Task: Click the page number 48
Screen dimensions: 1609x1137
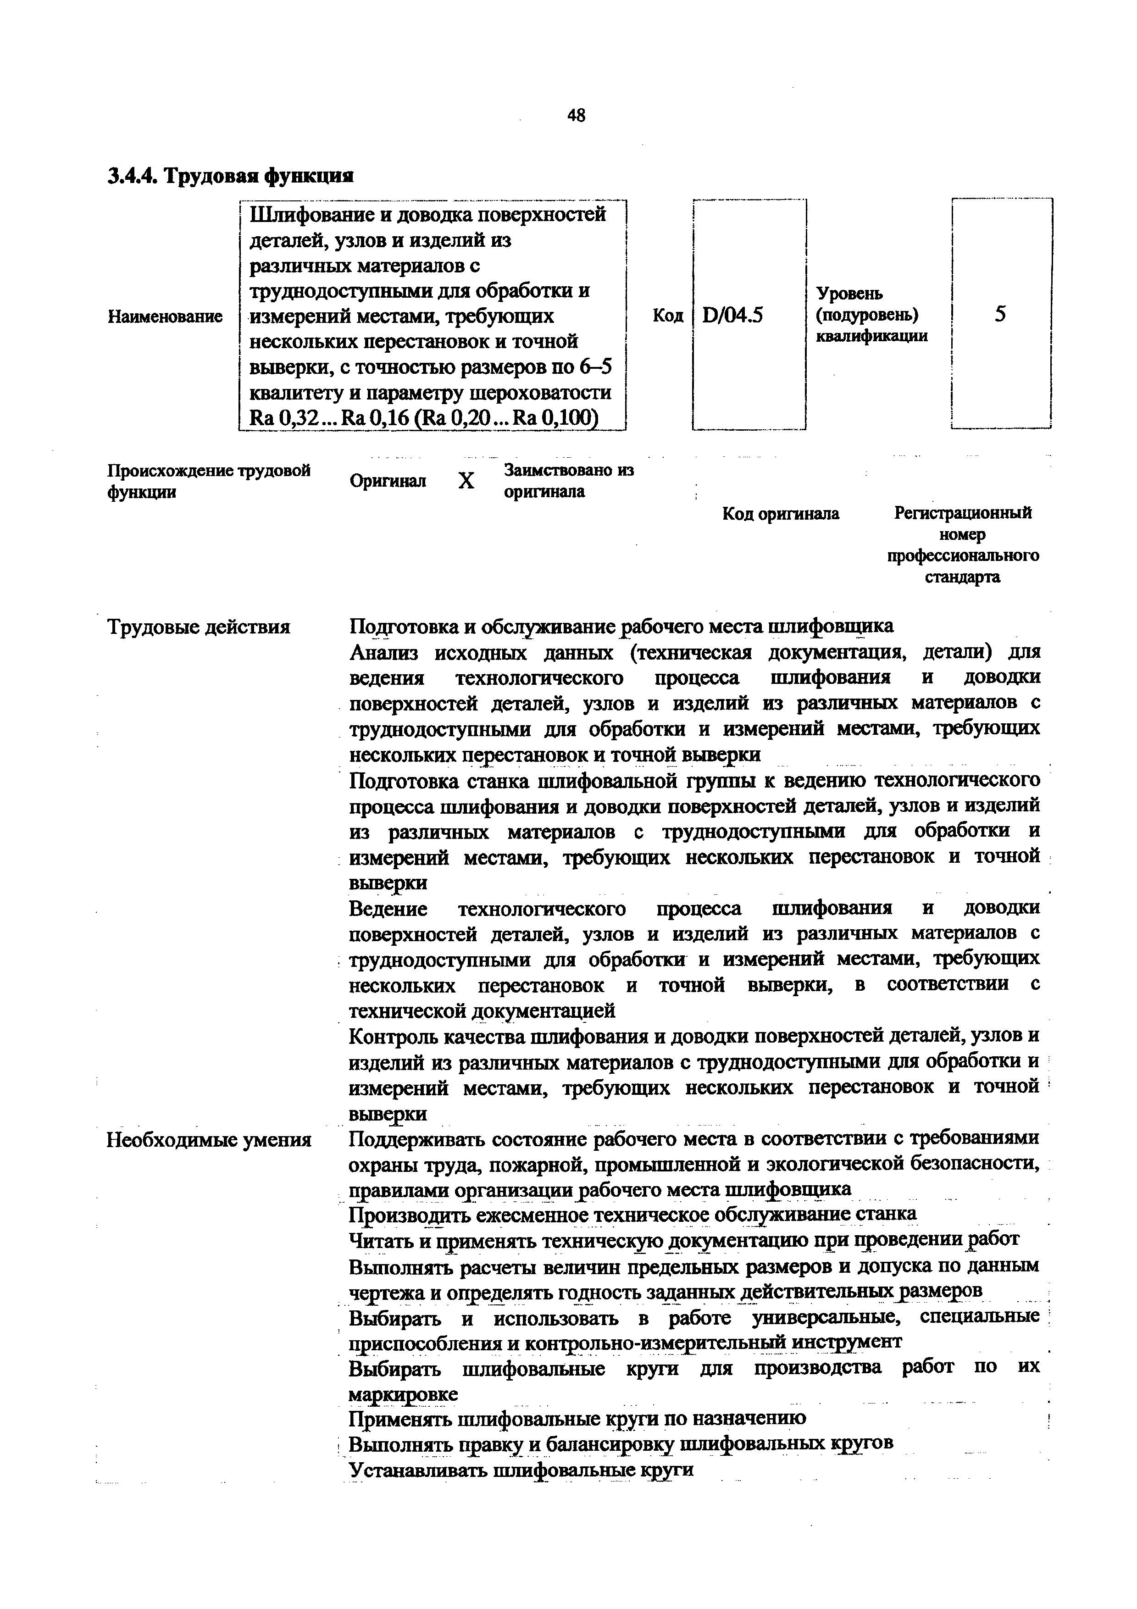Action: click(576, 116)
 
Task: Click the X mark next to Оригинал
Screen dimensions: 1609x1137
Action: click(466, 481)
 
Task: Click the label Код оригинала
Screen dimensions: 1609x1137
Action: click(781, 514)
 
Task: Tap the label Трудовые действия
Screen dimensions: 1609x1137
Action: click(198, 626)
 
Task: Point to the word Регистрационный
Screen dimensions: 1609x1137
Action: click(963, 513)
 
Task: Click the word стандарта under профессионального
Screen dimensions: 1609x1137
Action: click(963, 577)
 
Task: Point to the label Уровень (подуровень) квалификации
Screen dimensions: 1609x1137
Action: click(871, 315)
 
